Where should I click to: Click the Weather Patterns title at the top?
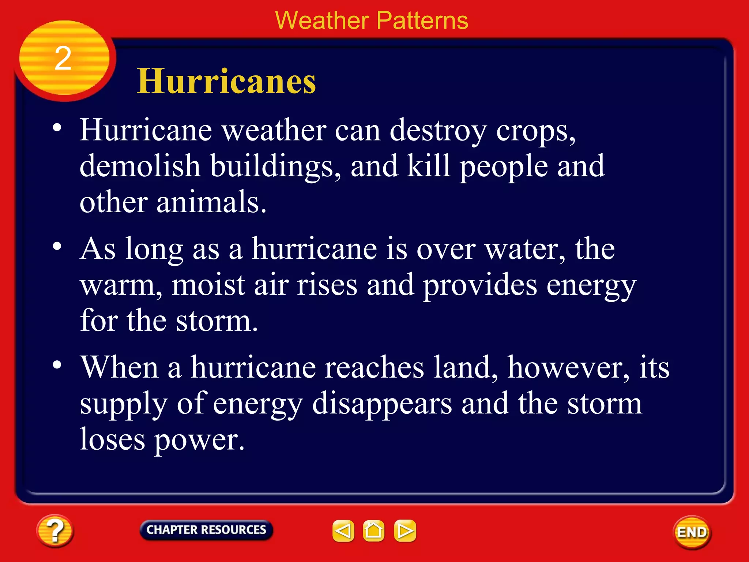coord(371,20)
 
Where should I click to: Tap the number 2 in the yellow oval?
coord(63,59)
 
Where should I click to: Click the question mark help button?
coord(55,531)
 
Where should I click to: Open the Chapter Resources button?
coord(206,530)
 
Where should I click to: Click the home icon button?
coord(373,531)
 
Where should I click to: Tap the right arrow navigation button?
coord(405,531)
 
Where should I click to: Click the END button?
coord(692,532)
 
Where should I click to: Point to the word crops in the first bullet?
coord(535,131)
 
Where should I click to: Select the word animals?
coord(211,202)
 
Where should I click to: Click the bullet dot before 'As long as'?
coord(57,246)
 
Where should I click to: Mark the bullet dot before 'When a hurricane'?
coord(57,365)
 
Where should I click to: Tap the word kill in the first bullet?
coord(428,166)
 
